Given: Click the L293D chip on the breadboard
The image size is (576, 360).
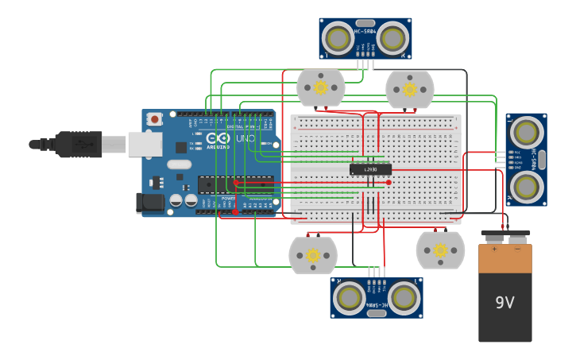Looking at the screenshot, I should [x=370, y=169].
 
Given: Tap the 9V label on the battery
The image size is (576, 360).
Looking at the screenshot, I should [x=505, y=302].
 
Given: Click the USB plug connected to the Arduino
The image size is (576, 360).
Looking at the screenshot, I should [x=79, y=144].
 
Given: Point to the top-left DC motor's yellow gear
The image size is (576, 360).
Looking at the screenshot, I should [x=321, y=87].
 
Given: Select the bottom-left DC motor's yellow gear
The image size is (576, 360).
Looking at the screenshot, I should [x=313, y=255].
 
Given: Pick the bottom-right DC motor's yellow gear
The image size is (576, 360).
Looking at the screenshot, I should [x=440, y=250].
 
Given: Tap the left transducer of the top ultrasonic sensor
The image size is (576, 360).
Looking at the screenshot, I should [x=338, y=38].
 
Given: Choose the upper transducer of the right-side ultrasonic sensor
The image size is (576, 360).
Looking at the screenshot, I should [x=525, y=131].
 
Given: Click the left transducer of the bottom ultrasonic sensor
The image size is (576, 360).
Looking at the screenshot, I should [x=350, y=297].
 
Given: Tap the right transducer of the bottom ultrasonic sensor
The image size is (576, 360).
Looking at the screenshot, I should [x=404, y=297].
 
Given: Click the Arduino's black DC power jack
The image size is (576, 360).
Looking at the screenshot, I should [x=149, y=203].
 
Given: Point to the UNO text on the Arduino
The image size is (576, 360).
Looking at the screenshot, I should [x=242, y=138].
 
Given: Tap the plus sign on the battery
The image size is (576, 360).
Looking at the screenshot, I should [x=494, y=249].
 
